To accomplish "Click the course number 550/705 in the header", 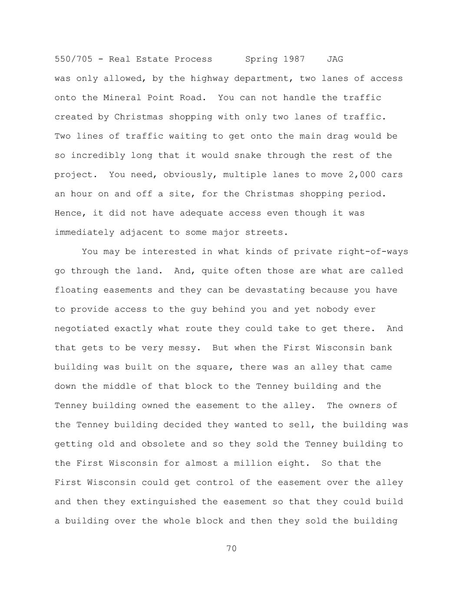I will tap(73, 59).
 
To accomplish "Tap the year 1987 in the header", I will tap(294, 59).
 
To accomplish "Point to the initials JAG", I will tap(334, 59).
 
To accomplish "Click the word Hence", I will tap(68, 213).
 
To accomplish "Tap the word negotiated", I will tap(82, 329).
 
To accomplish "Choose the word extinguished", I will tap(163, 502).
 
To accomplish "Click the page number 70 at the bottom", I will tap(231, 549).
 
